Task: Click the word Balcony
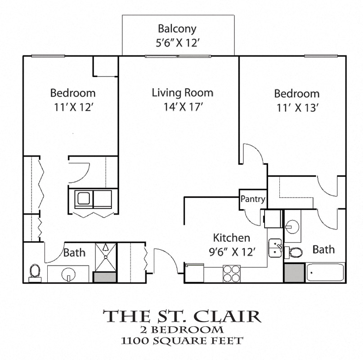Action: (x=177, y=29)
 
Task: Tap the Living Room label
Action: (x=182, y=93)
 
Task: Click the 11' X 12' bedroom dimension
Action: (x=72, y=107)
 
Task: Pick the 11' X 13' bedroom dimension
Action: (x=297, y=108)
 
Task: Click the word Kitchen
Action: (x=231, y=238)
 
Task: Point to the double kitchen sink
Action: (x=275, y=248)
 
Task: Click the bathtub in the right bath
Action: (x=326, y=272)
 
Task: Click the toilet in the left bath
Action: (x=35, y=272)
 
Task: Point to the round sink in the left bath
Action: (x=68, y=274)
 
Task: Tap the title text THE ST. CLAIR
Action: (x=182, y=316)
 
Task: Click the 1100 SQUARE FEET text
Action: (x=182, y=340)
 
